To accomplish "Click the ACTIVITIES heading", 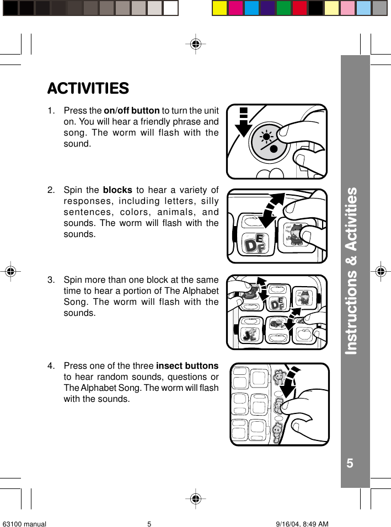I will [x=88, y=88].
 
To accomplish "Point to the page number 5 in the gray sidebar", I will [x=350, y=463].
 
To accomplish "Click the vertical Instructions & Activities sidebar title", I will [x=351, y=271].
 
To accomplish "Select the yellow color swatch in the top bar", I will [x=220, y=8].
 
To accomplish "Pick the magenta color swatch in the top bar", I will [x=235, y=8].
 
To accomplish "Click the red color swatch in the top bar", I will [x=299, y=8].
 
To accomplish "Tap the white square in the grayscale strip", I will [x=171, y=8].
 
